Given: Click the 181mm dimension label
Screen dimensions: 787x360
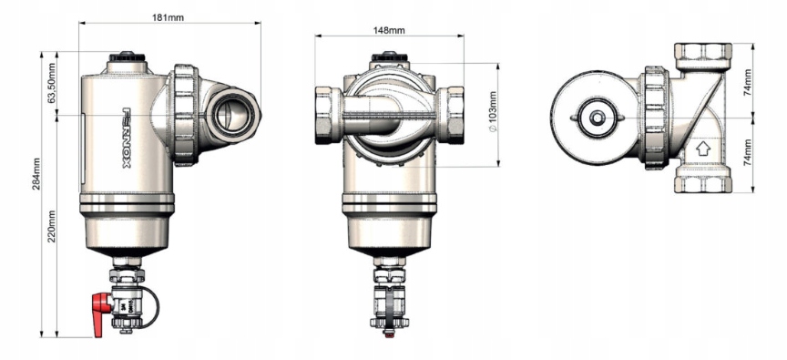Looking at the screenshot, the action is coord(169,17).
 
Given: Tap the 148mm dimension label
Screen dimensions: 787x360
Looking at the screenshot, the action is coord(389,31).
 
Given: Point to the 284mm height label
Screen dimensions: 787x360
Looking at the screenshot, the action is coord(36,174).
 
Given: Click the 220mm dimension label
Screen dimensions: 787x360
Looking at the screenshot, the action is coord(52,226).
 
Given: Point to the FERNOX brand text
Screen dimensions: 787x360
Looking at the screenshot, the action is coord(127,137).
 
